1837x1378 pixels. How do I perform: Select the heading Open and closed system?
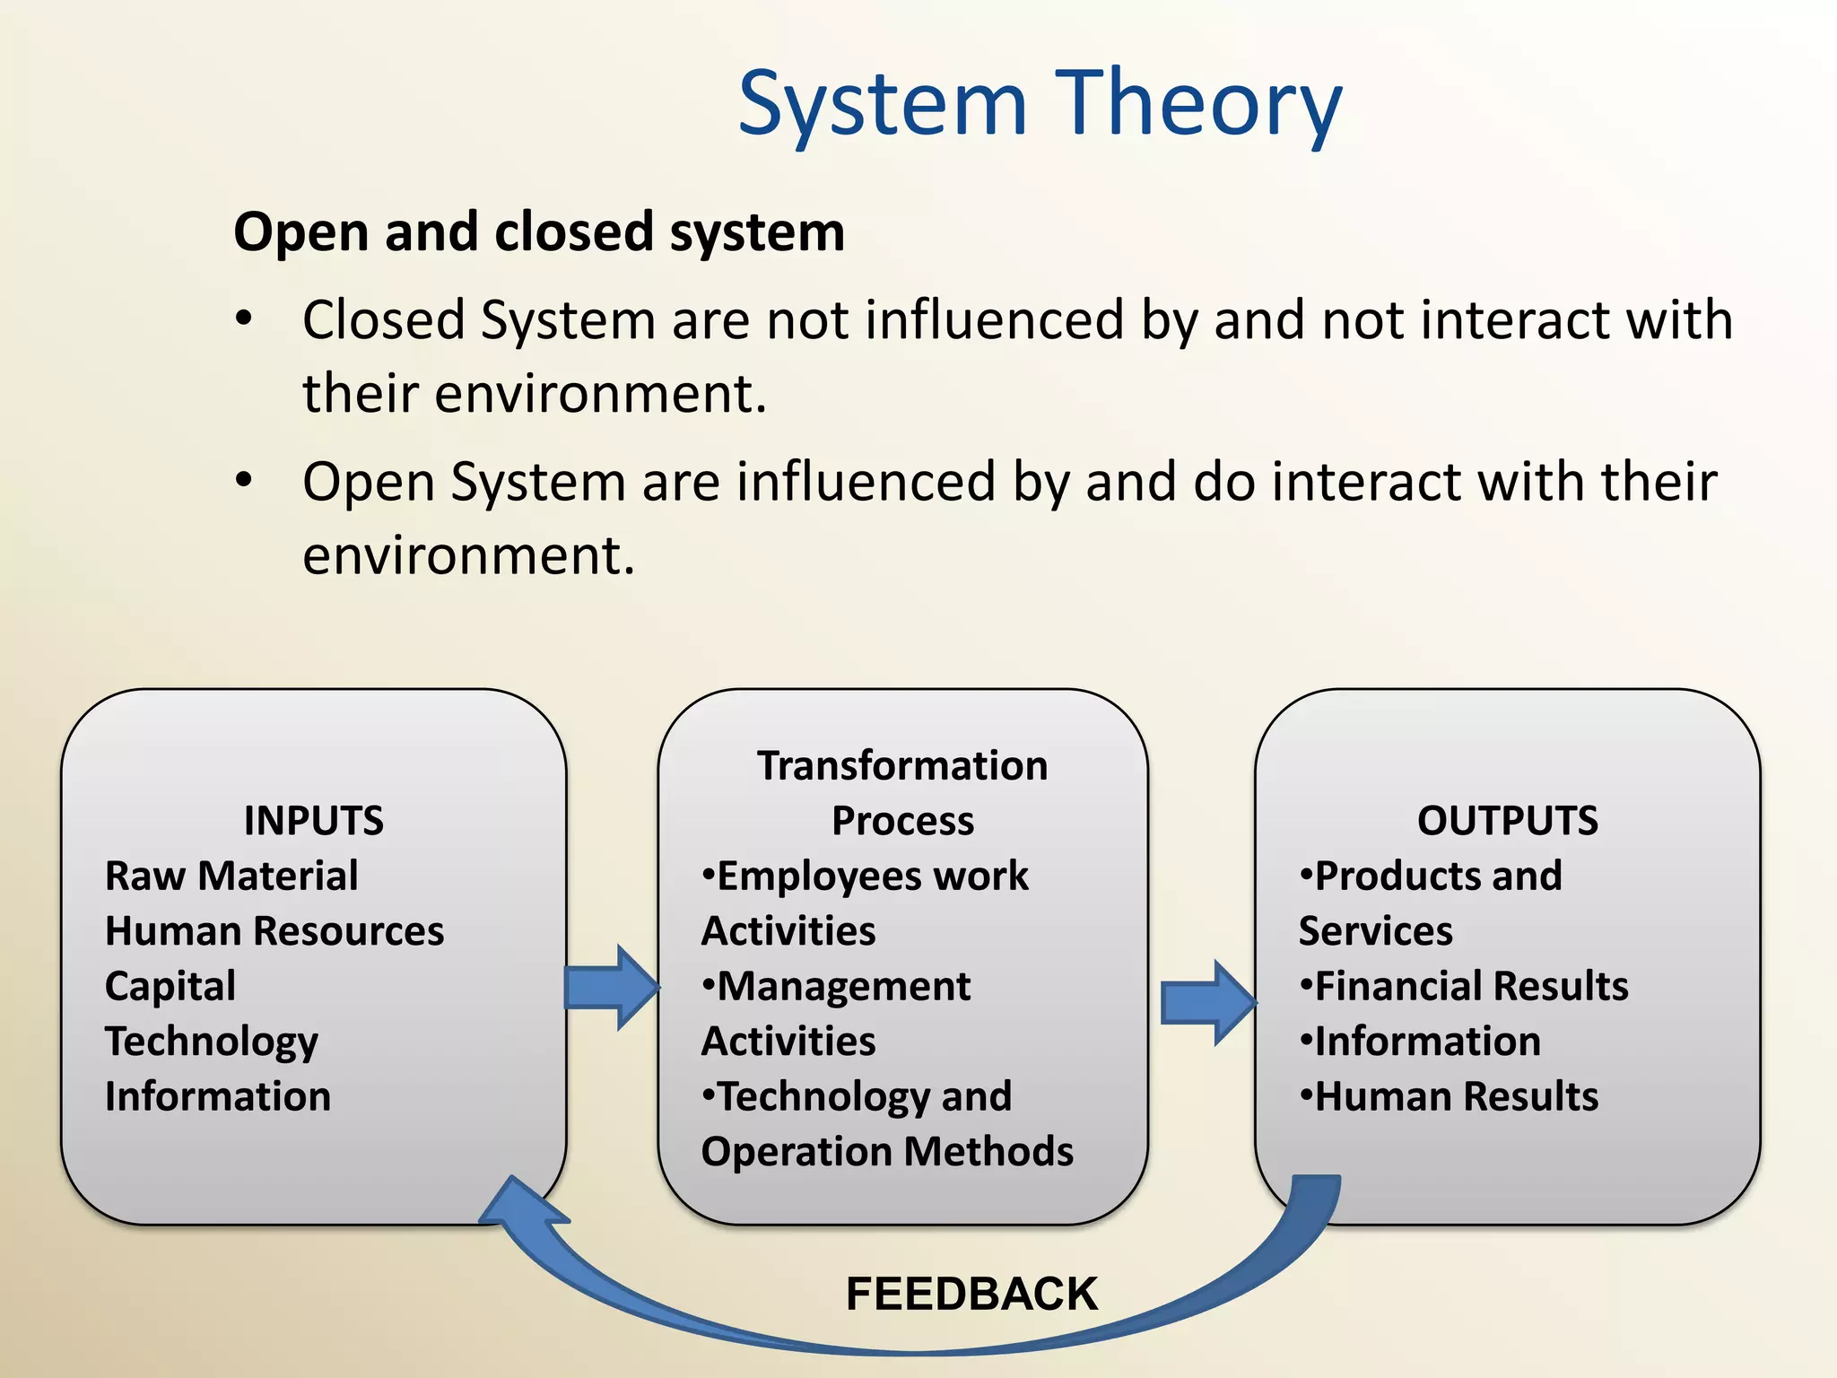(x=539, y=232)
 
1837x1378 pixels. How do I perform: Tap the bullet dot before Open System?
(x=244, y=481)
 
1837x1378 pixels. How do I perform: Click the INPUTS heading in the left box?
(x=313, y=820)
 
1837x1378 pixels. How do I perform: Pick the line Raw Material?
(x=231, y=876)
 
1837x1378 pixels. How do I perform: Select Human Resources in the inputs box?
(x=274, y=930)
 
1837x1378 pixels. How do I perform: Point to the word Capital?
(x=170, y=986)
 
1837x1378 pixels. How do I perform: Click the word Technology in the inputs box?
(x=212, y=1041)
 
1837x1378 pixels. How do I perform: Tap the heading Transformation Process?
(x=902, y=792)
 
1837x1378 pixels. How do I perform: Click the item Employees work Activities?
(x=866, y=903)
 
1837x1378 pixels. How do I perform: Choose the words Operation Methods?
(x=887, y=1151)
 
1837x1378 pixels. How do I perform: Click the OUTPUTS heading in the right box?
(x=1507, y=820)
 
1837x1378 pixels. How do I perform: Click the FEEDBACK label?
(x=971, y=1294)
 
